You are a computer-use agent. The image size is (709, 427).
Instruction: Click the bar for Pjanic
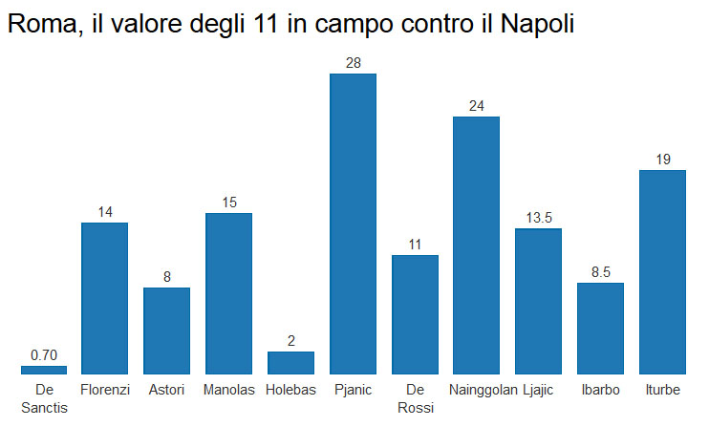click(x=353, y=224)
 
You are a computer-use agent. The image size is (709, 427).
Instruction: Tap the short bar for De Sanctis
click(x=44, y=370)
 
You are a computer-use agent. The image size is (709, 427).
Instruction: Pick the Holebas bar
click(x=290, y=362)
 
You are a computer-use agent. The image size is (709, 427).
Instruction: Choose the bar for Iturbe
click(x=662, y=271)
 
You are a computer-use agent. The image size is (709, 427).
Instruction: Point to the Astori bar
click(x=166, y=331)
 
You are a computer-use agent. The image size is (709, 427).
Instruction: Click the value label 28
click(x=353, y=63)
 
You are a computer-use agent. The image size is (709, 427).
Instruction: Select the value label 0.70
click(x=44, y=355)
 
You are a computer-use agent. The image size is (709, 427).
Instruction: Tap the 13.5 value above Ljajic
click(x=538, y=218)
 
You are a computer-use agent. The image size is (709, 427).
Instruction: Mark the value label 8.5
click(x=600, y=272)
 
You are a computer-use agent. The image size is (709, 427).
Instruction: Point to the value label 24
click(x=476, y=106)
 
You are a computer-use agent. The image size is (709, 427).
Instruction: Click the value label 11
click(x=415, y=245)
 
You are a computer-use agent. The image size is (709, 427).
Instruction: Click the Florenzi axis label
click(x=105, y=390)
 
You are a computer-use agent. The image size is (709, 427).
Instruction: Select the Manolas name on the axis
click(x=228, y=390)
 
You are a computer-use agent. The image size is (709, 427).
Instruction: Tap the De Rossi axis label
click(x=415, y=398)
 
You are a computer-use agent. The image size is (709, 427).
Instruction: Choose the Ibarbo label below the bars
click(x=600, y=390)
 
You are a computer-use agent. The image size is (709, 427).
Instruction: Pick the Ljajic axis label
click(x=538, y=390)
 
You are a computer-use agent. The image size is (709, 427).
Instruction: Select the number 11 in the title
click(x=267, y=25)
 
